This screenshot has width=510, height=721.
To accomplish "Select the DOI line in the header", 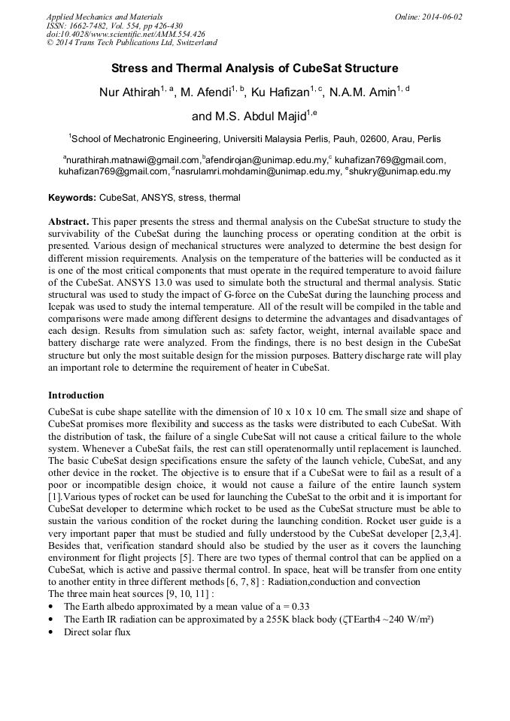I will (x=126, y=34).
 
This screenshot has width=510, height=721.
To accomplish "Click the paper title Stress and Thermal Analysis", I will (x=254, y=68).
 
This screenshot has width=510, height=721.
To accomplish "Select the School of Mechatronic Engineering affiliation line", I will (x=256, y=139).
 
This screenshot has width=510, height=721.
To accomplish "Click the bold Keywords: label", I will (x=72, y=198).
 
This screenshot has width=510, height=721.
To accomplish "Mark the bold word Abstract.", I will (x=69, y=223).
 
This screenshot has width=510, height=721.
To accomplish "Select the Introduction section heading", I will (x=76, y=395).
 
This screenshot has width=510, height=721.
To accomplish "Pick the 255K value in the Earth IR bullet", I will (x=282, y=619).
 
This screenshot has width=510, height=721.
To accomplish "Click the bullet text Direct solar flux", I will (x=97, y=632).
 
